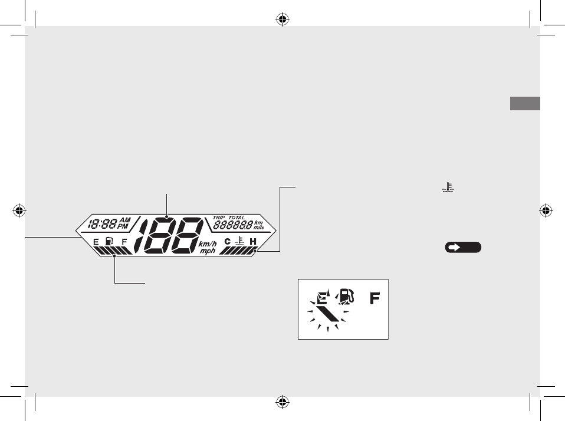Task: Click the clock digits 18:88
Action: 101,224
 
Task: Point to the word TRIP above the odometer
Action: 219,218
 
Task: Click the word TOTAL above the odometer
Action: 236,218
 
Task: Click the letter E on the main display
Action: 96,242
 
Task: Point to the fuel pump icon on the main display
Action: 109,241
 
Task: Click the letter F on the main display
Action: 124,242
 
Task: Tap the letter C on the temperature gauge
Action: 228,242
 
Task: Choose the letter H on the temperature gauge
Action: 253,242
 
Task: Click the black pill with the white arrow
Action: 463,248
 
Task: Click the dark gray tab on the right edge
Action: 525,104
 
